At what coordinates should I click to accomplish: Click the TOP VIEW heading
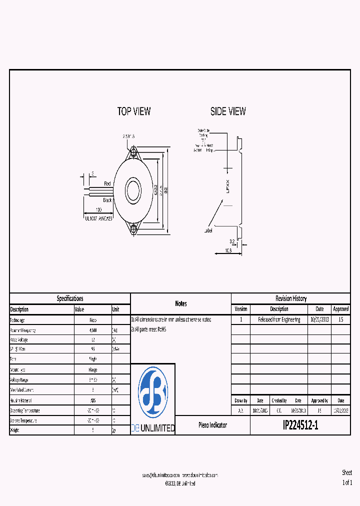click(x=133, y=111)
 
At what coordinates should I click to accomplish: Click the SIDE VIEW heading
click(x=228, y=111)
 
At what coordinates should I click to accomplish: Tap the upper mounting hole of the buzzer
click(x=134, y=151)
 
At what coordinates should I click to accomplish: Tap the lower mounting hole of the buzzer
click(x=134, y=229)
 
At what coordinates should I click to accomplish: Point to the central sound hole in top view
click(x=134, y=190)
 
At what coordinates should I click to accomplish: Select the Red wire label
click(x=107, y=184)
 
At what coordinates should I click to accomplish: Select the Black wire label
click(x=107, y=199)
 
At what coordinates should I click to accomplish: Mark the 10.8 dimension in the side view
click(x=227, y=250)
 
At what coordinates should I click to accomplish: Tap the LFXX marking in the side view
click(x=227, y=187)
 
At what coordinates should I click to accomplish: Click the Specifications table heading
click(x=70, y=298)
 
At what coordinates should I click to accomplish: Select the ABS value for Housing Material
click(x=93, y=400)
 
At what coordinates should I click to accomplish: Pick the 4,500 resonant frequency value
click(x=93, y=330)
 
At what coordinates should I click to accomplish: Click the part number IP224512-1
click(x=300, y=425)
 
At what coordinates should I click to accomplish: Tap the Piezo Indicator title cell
click(x=212, y=425)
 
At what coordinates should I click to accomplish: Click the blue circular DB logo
click(x=153, y=392)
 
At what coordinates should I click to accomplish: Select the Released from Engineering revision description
click(x=279, y=319)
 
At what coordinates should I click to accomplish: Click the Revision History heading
click(x=291, y=298)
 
